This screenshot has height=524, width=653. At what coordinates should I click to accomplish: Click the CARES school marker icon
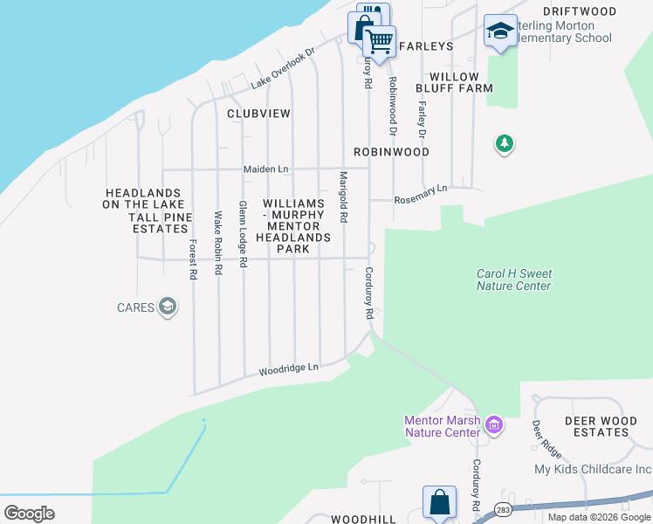click(x=168, y=307)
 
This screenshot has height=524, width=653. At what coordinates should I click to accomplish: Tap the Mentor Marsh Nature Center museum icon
click(x=494, y=425)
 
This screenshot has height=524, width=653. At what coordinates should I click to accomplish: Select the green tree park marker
click(x=504, y=143)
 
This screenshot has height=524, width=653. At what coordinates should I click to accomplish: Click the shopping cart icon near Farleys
click(x=379, y=40)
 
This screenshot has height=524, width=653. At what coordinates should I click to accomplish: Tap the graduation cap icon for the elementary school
click(x=500, y=31)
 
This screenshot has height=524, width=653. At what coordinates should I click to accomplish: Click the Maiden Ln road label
click(x=265, y=169)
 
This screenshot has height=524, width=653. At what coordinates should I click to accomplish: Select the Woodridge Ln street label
click(x=289, y=370)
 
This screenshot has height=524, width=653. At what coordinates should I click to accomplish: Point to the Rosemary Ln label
click(x=421, y=189)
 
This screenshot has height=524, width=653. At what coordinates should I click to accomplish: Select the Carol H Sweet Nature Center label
click(x=514, y=279)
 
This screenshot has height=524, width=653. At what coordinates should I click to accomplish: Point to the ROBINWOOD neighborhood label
click(x=391, y=152)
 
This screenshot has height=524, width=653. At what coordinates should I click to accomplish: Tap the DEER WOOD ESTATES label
click(x=601, y=426)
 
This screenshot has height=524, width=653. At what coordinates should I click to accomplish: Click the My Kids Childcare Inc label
click(x=593, y=469)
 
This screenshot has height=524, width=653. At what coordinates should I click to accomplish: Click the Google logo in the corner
click(x=29, y=513)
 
